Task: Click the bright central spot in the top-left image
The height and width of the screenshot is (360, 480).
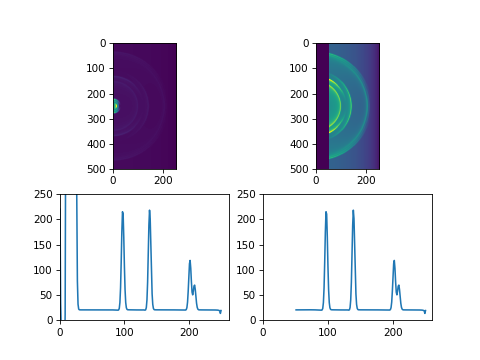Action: pos(115,105)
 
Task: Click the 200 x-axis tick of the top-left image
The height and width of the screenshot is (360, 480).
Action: pos(164,169)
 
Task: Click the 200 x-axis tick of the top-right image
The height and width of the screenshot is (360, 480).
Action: pos(367,169)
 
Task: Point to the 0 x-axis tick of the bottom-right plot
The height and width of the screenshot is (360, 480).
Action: pos(263,320)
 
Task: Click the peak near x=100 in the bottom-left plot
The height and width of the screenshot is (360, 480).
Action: pos(123,212)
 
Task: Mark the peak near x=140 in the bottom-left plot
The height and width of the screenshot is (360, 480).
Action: pos(150,210)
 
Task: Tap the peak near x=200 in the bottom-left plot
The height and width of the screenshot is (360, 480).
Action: pos(190,261)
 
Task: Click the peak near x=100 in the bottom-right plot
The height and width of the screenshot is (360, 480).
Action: pos(326,212)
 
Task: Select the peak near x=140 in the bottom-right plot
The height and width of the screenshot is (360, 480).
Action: pos(353,210)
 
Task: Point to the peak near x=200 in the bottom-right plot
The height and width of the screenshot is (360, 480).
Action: pos(394,261)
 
